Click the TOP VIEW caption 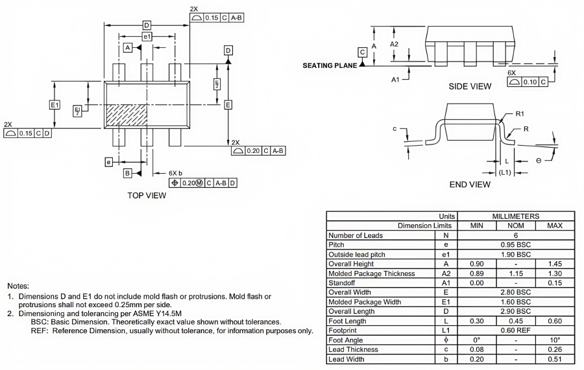(147, 195)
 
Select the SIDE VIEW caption (470, 86)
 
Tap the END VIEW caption (470, 185)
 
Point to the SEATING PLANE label (330, 65)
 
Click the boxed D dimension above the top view (147, 25)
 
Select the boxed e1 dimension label (147, 37)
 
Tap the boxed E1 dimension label (55, 105)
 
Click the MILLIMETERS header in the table (516, 216)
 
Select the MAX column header (555, 225)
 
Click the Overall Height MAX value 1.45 (555, 264)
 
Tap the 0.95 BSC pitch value (516, 245)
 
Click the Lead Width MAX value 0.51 (555, 359)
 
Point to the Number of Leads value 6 (516, 235)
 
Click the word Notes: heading (18, 286)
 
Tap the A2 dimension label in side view (394, 43)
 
